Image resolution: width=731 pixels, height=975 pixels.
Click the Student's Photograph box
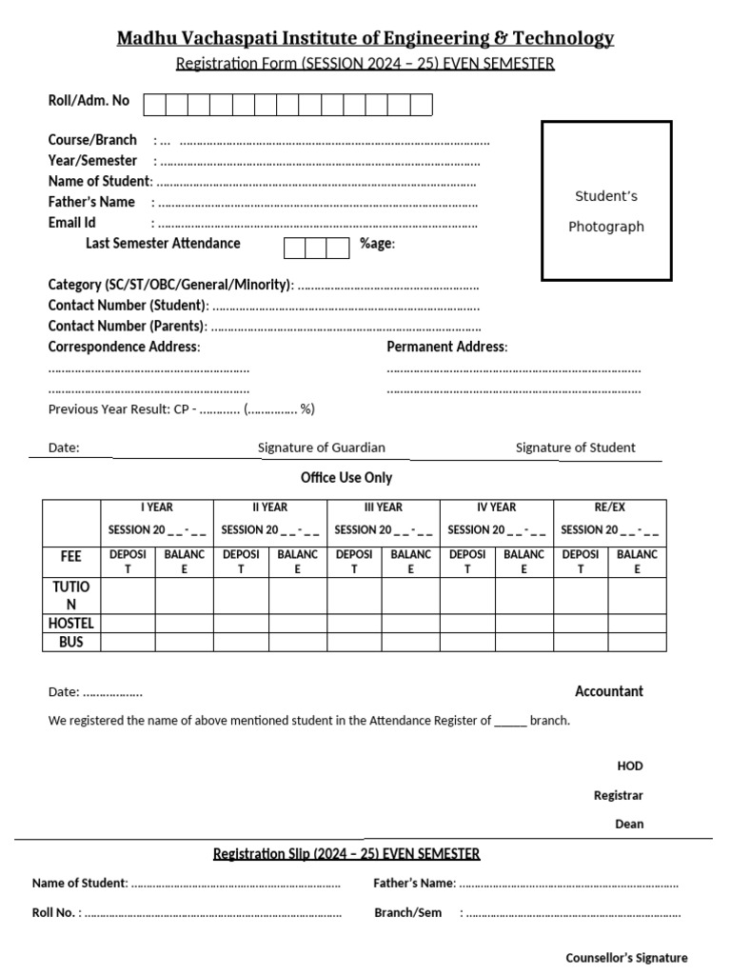click(x=606, y=201)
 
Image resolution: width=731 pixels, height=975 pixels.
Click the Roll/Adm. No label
click(x=89, y=100)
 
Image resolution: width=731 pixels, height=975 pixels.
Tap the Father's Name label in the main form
click(x=91, y=202)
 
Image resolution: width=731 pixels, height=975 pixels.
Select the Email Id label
click(x=72, y=223)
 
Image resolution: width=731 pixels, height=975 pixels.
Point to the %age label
click(x=377, y=244)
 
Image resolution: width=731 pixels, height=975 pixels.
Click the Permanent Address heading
click(x=446, y=347)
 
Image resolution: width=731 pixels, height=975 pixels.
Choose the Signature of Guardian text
click(x=322, y=448)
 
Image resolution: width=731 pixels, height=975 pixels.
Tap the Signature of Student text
click(x=575, y=448)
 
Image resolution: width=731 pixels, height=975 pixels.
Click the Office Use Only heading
click(x=346, y=478)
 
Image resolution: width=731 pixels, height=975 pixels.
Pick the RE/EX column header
click(x=610, y=507)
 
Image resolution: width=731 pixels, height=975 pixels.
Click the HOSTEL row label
click(x=71, y=624)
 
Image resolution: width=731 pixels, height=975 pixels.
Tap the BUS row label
click(x=71, y=642)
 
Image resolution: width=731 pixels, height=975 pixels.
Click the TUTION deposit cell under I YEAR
click(x=128, y=596)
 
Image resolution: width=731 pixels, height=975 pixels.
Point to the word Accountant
click(x=609, y=691)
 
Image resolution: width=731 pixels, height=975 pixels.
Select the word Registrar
click(x=619, y=795)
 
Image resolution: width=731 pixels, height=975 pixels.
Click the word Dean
click(x=629, y=824)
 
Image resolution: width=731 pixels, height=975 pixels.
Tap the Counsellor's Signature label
click(x=626, y=958)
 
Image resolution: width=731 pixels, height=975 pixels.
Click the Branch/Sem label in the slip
click(x=408, y=912)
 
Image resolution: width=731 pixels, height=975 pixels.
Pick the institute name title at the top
click(x=365, y=38)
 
